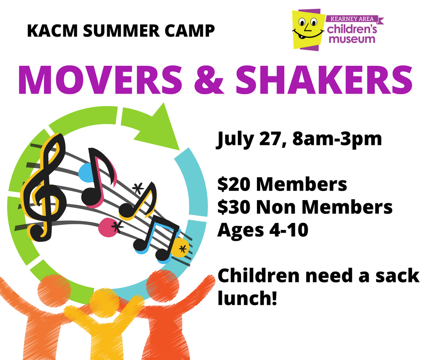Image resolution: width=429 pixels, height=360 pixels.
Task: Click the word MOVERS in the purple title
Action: coord(100,80)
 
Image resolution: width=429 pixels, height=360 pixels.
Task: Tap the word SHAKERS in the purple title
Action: coord(324,80)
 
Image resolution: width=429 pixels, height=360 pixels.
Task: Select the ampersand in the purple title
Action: coord(209,80)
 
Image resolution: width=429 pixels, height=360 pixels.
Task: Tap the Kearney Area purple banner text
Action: coord(352,19)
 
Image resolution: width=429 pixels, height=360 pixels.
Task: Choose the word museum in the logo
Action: coord(352,39)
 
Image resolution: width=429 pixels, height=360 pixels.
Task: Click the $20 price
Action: coord(234,184)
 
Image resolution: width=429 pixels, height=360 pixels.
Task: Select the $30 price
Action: coord(234,207)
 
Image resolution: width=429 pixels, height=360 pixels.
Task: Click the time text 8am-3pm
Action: coord(337,139)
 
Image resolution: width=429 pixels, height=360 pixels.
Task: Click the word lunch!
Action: coord(247,298)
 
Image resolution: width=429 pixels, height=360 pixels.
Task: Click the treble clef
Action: coord(44,188)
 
